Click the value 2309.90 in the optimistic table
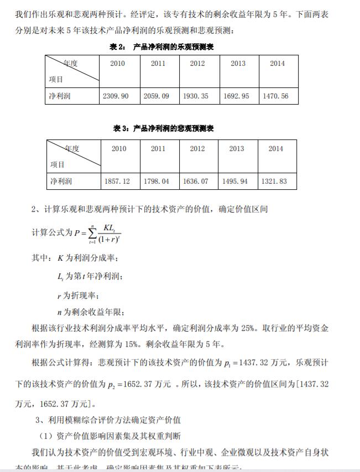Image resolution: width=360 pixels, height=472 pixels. point(116,96)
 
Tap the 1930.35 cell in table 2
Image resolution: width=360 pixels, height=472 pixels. point(197,96)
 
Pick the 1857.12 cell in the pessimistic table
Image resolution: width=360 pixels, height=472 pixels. point(117,181)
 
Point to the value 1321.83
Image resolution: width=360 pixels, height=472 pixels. point(275,181)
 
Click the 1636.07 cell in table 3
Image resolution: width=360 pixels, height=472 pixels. point(197,181)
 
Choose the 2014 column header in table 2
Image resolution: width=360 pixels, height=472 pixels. point(277,64)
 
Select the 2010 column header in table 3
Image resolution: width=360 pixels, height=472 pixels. point(119,149)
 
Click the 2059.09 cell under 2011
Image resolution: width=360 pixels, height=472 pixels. point(158,96)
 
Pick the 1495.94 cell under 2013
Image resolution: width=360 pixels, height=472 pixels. point(236,181)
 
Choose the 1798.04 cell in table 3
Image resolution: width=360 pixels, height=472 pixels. point(158,181)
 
